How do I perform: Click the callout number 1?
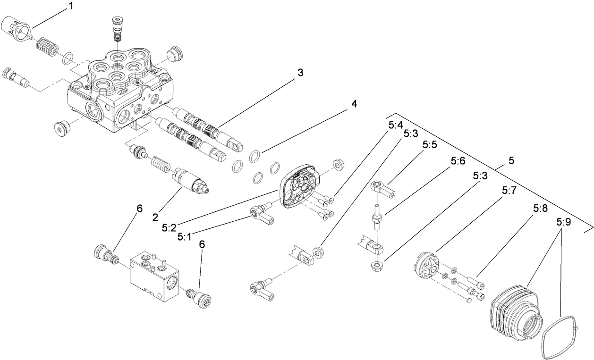point(71,6)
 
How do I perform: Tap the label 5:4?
point(395,126)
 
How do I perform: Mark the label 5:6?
point(458,161)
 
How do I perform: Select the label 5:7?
point(509,191)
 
